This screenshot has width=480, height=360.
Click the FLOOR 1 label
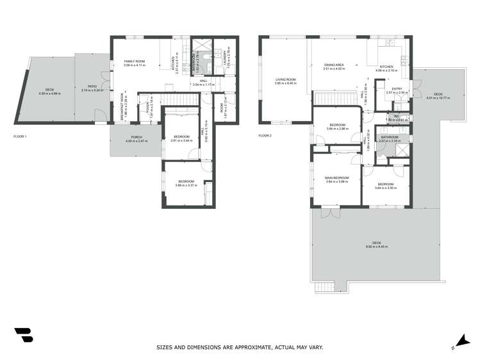point(20,136)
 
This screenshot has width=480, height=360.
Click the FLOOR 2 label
point(265,136)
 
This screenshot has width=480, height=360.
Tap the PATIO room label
point(88,86)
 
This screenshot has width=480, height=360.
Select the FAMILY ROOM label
point(135,61)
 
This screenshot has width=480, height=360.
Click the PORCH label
point(137,137)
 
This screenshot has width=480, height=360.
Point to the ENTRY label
point(397,89)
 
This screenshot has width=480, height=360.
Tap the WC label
point(397,116)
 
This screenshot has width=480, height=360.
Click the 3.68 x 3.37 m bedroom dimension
point(186,185)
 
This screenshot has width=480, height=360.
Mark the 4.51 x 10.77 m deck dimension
point(438,98)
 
